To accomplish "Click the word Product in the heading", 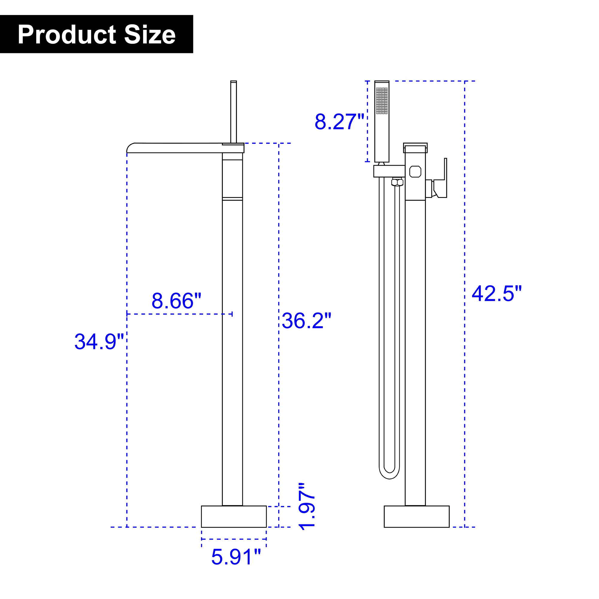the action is (67, 35).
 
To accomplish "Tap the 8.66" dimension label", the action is (176, 300).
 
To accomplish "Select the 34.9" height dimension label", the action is (99, 341).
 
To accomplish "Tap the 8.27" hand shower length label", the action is (340, 122).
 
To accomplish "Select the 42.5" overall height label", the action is (497, 293).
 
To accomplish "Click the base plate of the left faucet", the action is (234, 517).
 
